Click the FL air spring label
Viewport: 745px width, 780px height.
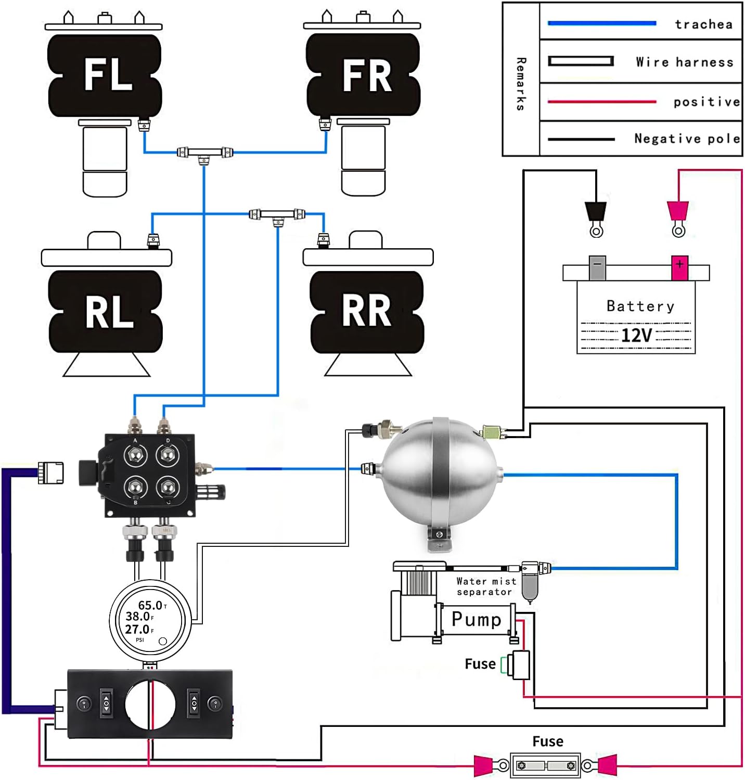pyautogui.click(x=108, y=74)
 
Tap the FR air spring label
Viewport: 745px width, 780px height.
pyautogui.click(x=367, y=75)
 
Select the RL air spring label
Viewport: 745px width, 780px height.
pyautogui.click(x=109, y=312)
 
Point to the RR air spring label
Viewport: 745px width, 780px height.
pyautogui.click(x=366, y=311)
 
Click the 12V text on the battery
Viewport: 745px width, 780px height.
pyautogui.click(x=636, y=335)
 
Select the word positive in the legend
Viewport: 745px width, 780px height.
pyautogui.click(x=706, y=101)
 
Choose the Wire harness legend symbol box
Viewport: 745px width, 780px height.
pyautogui.click(x=581, y=61)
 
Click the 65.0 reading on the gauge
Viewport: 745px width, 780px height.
pyautogui.click(x=150, y=605)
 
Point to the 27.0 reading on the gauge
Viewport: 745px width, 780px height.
pyautogui.click(x=137, y=629)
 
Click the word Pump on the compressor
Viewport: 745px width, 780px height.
pyautogui.click(x=476, y=619)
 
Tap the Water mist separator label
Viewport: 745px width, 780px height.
pyautogui.click(x=485, y=586)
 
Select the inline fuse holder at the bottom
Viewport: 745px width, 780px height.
pyautogui.click(x=545, y=765)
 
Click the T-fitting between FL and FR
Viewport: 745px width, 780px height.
pyautogui.click(x=204, y=154)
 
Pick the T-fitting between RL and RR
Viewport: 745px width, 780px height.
pyautogui.click(x=278, y=215)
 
